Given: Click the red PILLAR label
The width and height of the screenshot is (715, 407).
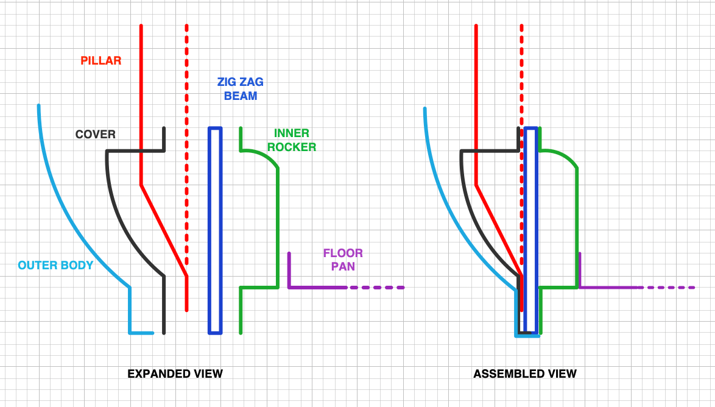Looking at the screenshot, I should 101,61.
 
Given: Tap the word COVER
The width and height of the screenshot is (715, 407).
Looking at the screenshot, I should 95,135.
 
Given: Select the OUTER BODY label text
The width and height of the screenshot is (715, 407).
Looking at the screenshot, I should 55,265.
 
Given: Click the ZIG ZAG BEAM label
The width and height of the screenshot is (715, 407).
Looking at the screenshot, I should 241,89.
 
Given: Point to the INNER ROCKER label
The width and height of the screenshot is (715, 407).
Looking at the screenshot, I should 292,140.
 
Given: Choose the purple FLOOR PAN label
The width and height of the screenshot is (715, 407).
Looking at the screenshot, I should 343,259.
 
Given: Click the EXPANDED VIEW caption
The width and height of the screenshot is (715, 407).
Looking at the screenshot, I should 175,373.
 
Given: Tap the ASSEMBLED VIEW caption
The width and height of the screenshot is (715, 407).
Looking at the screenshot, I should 525,373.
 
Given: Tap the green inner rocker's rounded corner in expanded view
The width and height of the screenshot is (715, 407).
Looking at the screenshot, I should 268,157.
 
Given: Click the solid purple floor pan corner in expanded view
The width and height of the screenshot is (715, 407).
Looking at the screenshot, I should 289,286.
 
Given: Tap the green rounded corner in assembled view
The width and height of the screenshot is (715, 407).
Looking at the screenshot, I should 566,157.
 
